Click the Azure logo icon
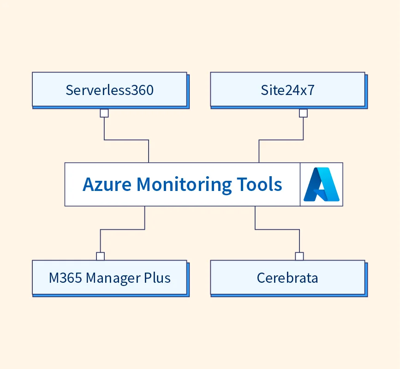coord(322,184)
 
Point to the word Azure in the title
coord(107,184)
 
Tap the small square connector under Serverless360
coord(104,113)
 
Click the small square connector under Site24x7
coord(303,113)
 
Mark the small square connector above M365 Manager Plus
coord(100,256)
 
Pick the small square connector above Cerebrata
coord(299,256)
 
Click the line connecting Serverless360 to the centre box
coord(126,140)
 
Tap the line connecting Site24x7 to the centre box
coord(281,140)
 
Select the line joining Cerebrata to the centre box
coord(277,229)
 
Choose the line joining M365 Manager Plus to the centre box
coord(122,229)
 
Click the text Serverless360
coord(109,89)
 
